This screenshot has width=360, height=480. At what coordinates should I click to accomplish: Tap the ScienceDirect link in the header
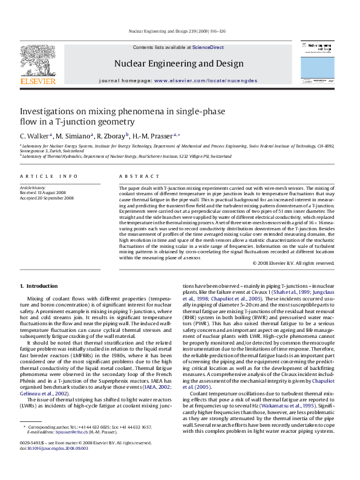point(208,47)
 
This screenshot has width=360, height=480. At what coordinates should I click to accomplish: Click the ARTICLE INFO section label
point(49,176)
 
